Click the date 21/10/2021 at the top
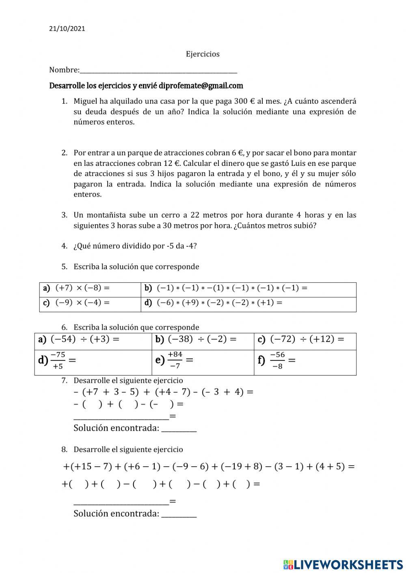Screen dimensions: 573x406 (x=67, y=29)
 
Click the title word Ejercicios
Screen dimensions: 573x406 (x=203, y=54)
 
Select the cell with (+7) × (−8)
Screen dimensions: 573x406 (x=90, y=289)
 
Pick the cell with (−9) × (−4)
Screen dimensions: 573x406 (x=90, y=303)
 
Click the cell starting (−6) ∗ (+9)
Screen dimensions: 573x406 (x=248, y=303)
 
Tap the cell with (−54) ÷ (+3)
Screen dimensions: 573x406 (x=93, y=340)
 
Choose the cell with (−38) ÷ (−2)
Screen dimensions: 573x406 (x=203, y=340)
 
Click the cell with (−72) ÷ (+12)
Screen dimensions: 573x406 (x=305, y=340)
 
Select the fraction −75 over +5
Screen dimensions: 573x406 (x=58, y=361)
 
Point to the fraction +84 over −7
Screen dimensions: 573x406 (x=175, y=360)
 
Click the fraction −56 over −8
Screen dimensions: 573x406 (x=277, y=361)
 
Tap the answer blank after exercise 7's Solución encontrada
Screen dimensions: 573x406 (x=179, y=429)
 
